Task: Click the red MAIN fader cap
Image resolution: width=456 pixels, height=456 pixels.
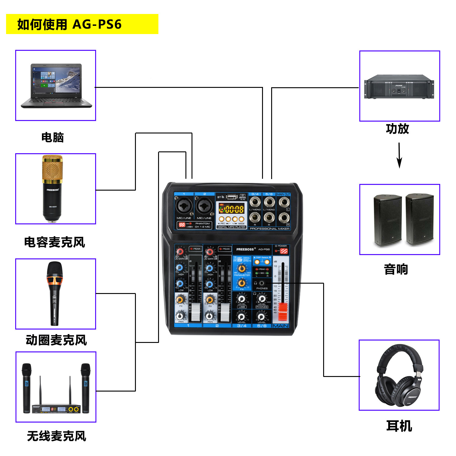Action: (x=283, y=311)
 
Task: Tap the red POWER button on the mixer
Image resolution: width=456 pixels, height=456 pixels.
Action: (x=284, y=251)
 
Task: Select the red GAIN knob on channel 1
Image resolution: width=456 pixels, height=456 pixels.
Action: (x=181, y=252)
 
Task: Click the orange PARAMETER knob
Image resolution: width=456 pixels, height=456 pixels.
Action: (x=242, y=268)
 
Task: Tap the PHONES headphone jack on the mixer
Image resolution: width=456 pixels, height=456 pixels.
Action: (x=262, y=283)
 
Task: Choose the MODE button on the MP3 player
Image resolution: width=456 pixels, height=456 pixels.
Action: (x=241, y=219)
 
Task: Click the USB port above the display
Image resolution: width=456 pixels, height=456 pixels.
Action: (x=232, y=197)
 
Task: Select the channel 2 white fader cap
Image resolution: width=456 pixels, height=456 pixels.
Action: (x=225, y=312)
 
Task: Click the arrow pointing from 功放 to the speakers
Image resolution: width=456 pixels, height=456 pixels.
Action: (x=399, y=155)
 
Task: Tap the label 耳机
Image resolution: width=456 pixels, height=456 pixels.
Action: (x=399, y=426)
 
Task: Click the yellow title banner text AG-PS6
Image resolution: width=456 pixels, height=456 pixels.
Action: (x=97, y=24)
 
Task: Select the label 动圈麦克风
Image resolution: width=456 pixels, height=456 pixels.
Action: (x=56, y=340)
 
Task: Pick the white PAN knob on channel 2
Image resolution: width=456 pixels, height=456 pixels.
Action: (x=210, y=316)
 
